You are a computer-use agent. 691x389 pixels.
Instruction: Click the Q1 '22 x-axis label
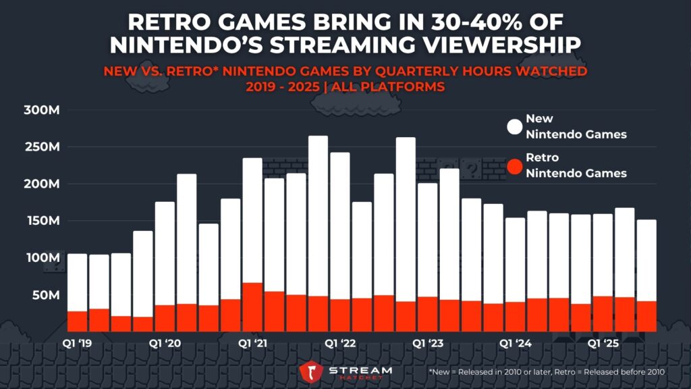click(x=339, y=344)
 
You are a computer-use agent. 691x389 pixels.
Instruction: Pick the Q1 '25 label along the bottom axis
click(x=603, y=344)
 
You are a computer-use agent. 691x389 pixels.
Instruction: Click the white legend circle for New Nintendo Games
click(x=515, y=127)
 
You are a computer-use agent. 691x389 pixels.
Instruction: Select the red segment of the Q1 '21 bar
click(x=252, y=307)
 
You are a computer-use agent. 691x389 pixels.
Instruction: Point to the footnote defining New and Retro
click(x=547, y=372)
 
